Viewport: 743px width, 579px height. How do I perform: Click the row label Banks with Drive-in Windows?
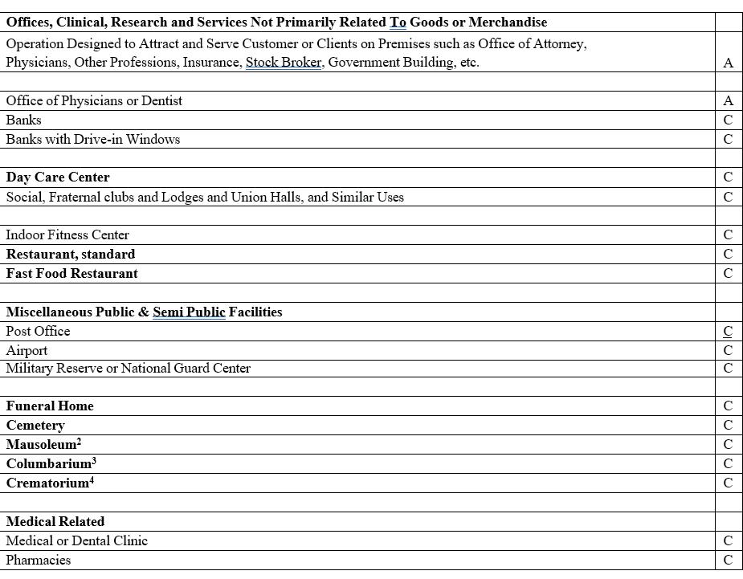(x=92, y=140)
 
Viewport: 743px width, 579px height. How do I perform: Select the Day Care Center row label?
(x=58, y=177)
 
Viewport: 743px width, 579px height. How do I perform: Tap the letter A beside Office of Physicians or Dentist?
(x=728, y=101)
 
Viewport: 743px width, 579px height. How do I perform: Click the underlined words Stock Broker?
(x=284, y=63)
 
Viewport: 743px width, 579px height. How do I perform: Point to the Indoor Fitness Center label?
(x=67, y=235)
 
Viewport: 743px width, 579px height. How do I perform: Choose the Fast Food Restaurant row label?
(x=71, y=274)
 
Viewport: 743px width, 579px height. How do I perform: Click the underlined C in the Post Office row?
(x=728, y=332)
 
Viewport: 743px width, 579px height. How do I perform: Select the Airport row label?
(x=27, y=351)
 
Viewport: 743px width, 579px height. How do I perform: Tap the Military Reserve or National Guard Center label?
(x=128, y=369)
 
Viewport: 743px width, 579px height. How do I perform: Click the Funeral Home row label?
(x=50, y=406)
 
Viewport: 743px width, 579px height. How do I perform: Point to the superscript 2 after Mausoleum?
(x=79, y=442)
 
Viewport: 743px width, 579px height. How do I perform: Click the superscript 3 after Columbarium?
(x=94, y=461)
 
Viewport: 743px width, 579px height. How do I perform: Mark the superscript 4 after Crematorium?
(x=92, y=480)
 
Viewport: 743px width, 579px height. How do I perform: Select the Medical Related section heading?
(x=55, y=522)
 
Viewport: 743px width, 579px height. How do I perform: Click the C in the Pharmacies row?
(x=728, y=561)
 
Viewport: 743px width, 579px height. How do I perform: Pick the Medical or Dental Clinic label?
(x=76, y=541)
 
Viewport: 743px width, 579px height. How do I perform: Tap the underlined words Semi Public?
(x=189, y=312)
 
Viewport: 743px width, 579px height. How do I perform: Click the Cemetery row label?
(x=35, y=426)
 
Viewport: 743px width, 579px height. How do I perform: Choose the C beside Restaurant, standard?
(x=728, y=255)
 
